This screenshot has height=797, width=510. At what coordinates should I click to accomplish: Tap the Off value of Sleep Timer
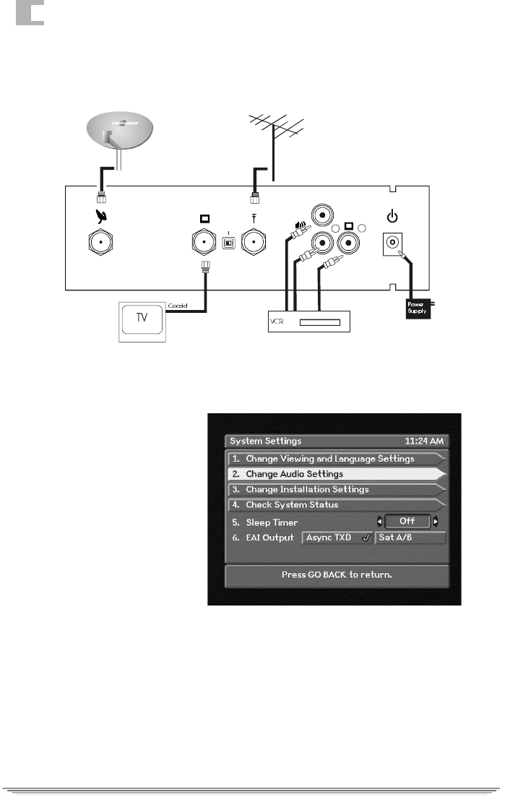click(407, 521)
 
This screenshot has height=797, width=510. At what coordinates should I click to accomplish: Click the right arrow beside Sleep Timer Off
click(436, 521)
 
